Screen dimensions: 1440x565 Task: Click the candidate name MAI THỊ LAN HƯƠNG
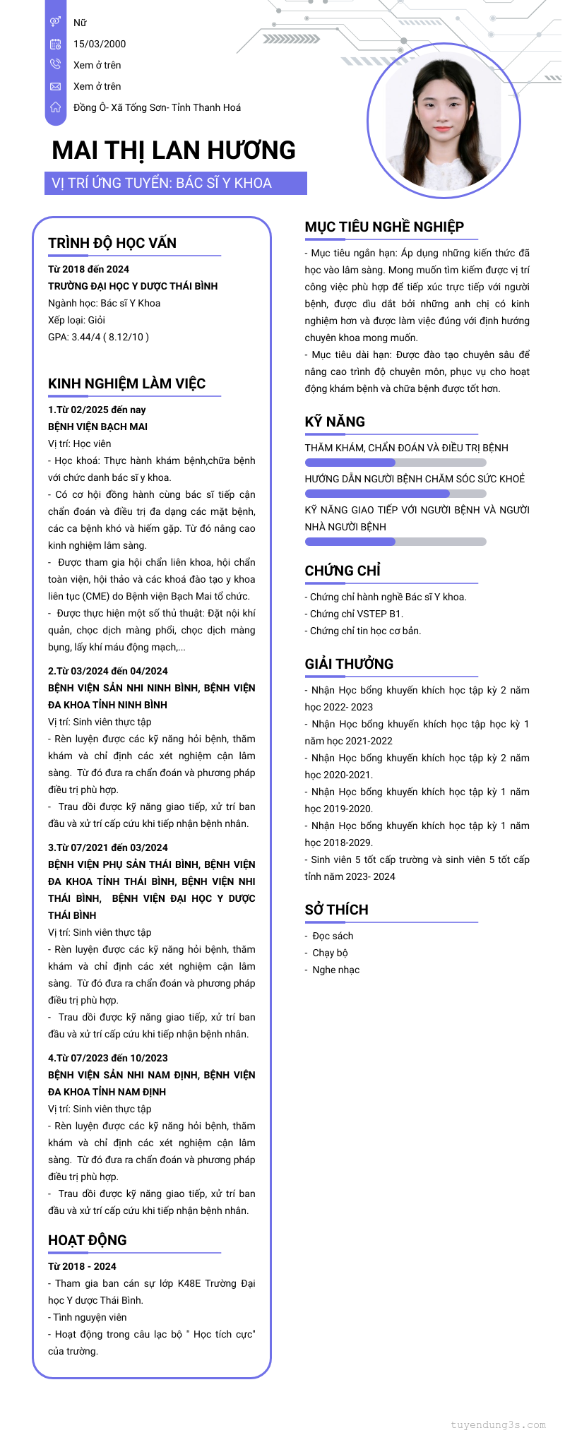[x=174, y=150]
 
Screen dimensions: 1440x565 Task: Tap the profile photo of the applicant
[x=444, y=121]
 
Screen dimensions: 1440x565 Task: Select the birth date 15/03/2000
[x=100, y=44]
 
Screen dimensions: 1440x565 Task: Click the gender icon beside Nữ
[x=55, y=23]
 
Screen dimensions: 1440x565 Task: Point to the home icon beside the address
[x=55, y=107]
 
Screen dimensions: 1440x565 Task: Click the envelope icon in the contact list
[x=55, y=86]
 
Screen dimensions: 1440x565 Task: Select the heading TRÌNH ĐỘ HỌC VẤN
[x=112, y=243]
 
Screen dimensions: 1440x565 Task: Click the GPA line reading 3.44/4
[x=98, y=337]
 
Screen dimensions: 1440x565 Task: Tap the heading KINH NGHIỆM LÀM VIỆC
[x=126, y=383]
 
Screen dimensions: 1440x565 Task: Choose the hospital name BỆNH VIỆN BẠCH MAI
[x=97, y=427]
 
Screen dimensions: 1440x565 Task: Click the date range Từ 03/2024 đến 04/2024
[x=108, y=671]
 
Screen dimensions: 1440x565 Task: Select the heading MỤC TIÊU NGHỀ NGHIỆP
[x=384, y=227]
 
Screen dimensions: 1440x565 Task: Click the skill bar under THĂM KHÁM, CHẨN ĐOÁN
[x=395, y=463]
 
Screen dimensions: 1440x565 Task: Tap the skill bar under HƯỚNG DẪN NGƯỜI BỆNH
[x=395, y=494]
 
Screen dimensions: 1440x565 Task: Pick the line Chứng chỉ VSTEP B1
[x=354, y=614]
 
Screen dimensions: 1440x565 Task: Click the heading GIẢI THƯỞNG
[x=349, y=664]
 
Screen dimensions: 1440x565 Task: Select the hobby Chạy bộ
[x=330, y=953]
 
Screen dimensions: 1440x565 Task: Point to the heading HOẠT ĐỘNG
[x=88, y=1240]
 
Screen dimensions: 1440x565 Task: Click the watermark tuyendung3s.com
[x=498, y=1424]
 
